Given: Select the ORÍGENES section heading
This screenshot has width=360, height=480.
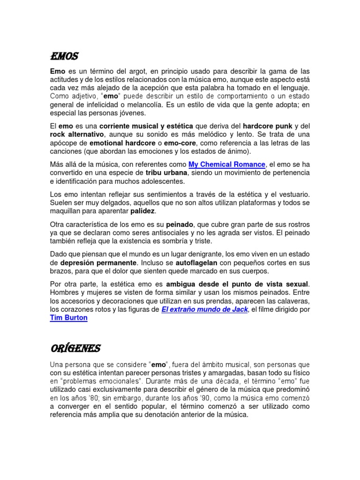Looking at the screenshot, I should click(75, 348).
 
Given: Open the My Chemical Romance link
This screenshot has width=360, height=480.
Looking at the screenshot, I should click(227, 164).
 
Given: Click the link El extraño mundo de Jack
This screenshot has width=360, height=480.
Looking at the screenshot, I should click(204, 310).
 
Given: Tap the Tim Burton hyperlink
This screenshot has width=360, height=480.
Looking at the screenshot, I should click(68, 318).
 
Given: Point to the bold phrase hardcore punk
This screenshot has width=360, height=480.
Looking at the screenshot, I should click(267, 127).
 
